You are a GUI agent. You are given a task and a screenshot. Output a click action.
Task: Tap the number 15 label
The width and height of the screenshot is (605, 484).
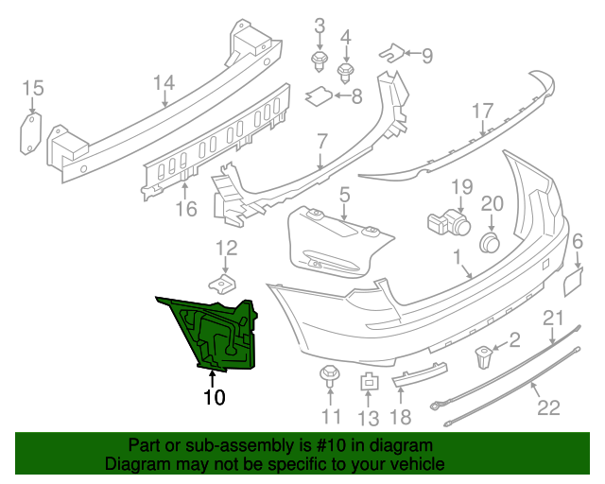(33, 89)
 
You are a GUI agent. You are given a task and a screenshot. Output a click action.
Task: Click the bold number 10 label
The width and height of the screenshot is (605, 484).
(215, 398)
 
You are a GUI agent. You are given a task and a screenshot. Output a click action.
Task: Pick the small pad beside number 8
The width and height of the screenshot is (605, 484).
(320, 95)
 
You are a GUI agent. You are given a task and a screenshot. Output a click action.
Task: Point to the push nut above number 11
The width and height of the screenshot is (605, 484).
(330, 373)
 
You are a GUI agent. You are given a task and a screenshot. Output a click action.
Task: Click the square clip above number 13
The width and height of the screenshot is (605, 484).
(369, 382)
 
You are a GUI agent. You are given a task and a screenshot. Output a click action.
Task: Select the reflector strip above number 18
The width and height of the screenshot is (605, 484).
(417, 378)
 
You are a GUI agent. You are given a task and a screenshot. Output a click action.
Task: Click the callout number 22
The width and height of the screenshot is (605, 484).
(549, 407)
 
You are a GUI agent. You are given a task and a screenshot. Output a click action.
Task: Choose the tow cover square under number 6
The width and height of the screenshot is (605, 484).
(577, 282)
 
